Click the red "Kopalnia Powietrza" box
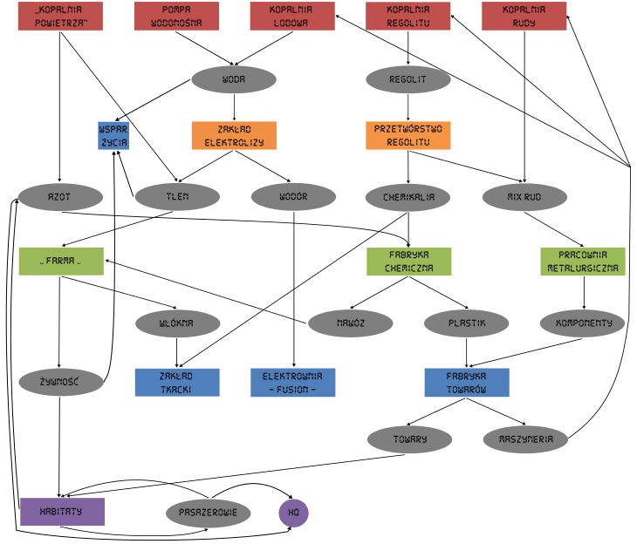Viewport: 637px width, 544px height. point(60,17)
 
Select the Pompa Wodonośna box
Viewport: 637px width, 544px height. point(176,17)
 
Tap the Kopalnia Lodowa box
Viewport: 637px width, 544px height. point(292,17)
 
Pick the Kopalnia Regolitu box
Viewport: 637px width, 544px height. point(408,17)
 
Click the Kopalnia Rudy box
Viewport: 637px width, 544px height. point(524,17)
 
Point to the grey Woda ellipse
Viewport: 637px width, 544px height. point(234,79)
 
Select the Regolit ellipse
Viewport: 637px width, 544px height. point(408,79)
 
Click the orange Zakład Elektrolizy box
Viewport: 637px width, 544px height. point(234,135)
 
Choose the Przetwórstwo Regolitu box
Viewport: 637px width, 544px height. point(408,135)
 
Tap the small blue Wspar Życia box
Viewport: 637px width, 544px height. point(113,135)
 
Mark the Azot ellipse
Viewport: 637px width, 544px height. point(60,197)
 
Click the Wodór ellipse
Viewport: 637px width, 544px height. point(293,197)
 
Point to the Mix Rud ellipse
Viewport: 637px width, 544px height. point(524,197)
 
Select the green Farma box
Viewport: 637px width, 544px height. point(61,261)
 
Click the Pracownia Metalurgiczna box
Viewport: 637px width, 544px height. point(583,262)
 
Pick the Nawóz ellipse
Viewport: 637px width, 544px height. point(351,323)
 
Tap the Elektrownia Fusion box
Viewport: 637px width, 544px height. point(293,383)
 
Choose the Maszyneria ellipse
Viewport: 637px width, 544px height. point(525,439)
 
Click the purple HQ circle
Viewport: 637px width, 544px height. point(294,513)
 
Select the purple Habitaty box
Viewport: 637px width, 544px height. point(63,513)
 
